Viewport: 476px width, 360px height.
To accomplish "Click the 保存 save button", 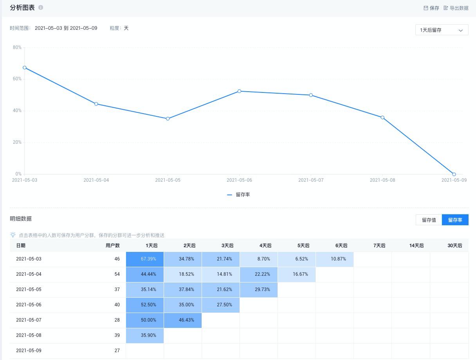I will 431,8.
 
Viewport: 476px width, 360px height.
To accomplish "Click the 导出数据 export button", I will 456,8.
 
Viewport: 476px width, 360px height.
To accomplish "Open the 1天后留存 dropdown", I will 442,30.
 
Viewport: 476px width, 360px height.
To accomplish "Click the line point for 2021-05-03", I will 25,68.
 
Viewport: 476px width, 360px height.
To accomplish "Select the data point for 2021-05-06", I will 239,91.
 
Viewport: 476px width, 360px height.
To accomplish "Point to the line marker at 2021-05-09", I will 454,174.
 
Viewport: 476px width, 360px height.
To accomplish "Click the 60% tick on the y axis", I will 17,79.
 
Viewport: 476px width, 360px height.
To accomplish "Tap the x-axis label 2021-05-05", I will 168,180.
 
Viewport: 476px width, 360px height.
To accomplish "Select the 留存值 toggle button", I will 429,220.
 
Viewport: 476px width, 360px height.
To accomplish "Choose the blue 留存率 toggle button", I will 455,220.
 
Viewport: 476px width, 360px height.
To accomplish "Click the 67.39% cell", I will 148,259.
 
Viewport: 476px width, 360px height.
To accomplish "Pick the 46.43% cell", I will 186,320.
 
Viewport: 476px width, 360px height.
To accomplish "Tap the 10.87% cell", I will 338,259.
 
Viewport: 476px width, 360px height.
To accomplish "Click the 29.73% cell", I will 262,289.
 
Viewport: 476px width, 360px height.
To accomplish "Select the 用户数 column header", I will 112,246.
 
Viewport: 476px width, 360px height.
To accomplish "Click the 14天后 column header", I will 416,246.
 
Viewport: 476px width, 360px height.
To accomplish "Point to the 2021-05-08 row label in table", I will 29,335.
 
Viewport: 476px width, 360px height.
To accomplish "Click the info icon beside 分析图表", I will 41,7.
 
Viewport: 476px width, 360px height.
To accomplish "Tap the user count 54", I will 117,274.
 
